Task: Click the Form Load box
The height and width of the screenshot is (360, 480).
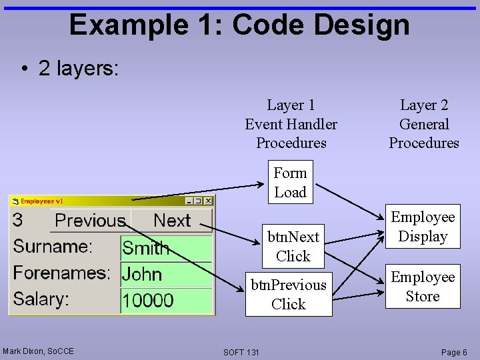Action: click(x=290, y=183)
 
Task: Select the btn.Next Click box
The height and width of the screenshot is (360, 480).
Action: click(x=293, y=246)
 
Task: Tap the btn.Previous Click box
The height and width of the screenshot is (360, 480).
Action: click(x=289, y=294)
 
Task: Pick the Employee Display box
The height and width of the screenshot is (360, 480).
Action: click(x=423, y=227)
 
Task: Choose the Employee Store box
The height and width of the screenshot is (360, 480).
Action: click(x=423, y=287)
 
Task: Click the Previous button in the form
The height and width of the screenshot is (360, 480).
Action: click(x=90, y=221)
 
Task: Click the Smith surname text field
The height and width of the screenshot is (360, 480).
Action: click(x=166, y=249)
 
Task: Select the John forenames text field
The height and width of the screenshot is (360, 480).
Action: click(x=166, y=274)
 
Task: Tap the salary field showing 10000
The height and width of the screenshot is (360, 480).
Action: click(x=166, y=300)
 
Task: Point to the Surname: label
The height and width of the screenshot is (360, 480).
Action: click(x=53, y=247)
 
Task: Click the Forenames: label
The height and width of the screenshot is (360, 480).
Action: click(x=62, y=273)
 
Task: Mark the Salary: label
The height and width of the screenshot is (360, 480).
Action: click(x=41, y=299)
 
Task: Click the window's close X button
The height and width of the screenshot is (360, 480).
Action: click(x=208, y=201)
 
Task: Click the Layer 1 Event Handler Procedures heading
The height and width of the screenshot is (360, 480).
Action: click(x=291, y=124)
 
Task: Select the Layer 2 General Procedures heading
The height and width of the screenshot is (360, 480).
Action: click(x=424, y=124)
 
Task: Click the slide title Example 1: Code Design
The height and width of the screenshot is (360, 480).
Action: click(x=239, y=25)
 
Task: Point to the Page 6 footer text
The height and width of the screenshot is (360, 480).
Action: click(x=454, y=352)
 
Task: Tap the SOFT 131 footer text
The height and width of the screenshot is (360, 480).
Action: click(x=241, y=352)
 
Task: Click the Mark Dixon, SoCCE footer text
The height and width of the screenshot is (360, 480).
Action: click(x=38, y=351)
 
